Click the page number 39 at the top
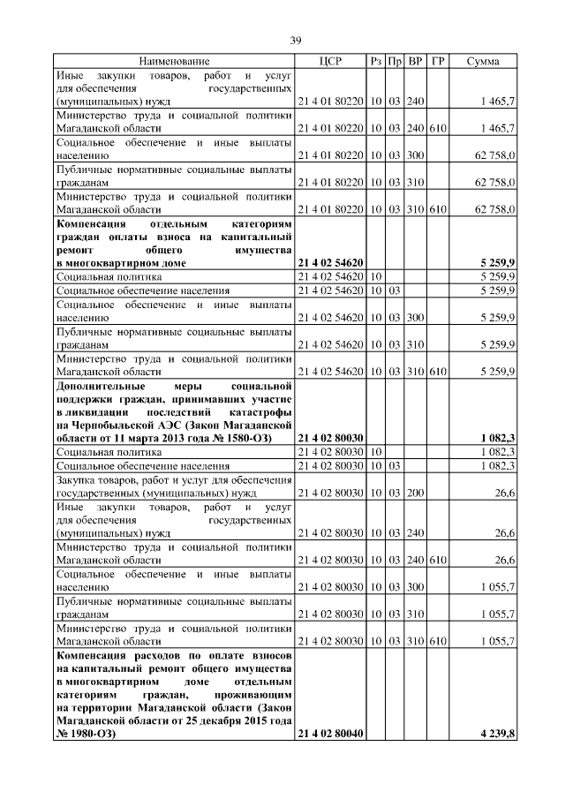297,40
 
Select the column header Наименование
174,62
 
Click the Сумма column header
484,62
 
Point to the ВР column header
416,62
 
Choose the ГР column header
438,62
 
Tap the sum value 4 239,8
498,734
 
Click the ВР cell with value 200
416,493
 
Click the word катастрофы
256,412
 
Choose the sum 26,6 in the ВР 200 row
505,493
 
